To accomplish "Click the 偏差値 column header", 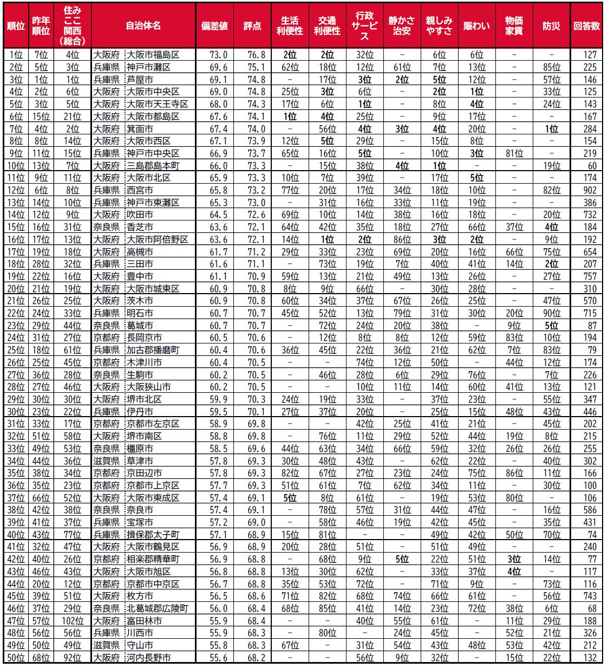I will click(x=214, y=26).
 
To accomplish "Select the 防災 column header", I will click(x=551, y=26).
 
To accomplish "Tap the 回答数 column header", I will click(x=587, y=26).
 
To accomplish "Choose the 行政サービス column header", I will click(x=364, y=26).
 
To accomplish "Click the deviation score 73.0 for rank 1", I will click(x=218, y=55).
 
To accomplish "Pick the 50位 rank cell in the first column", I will click(x=16, y=657).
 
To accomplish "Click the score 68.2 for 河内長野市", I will click(x=257, y=657).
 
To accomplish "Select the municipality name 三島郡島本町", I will click(x=153, y=166).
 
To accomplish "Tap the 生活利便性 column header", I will click(x=290, y=26).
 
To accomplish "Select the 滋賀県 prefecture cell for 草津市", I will click(x=106, y=461).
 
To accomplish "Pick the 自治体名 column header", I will click(x=143, y=26).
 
